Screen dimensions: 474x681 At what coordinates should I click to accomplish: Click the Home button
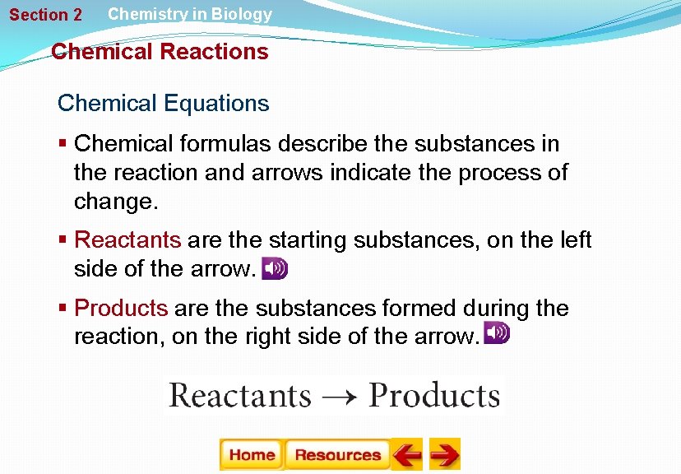point(252,455)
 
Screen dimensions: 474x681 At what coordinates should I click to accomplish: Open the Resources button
point(337,455)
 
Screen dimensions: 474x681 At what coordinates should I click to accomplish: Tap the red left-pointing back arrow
point(406,454)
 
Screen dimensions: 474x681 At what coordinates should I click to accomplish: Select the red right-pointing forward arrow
point(445,454)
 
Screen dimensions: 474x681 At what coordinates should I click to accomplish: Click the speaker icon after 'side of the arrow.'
point(275,269)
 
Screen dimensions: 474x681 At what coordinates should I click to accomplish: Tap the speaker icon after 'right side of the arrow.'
point(497,333)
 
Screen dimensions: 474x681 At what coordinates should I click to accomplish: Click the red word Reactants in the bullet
point(127,239)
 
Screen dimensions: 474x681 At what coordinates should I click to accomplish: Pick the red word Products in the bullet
point(121,308)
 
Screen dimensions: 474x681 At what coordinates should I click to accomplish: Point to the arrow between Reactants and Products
point(340,397)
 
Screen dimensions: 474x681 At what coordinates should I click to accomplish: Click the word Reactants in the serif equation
point(240,396)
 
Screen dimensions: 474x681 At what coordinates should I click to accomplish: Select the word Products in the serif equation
point(434,396)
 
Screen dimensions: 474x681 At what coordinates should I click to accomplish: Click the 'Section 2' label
point(46,15)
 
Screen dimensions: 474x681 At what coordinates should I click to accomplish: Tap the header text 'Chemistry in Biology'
point(190,14)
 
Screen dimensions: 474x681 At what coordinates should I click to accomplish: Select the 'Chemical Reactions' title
point(160,52)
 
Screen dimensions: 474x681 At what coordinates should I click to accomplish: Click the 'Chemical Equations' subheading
point(163,104)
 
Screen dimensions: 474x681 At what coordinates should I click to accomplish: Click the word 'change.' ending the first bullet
point(112,202)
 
